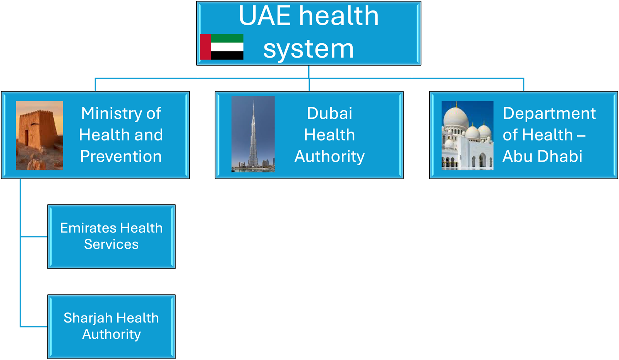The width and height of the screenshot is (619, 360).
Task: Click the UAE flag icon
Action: [x=221, y=47]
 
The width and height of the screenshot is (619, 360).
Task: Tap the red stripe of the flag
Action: [x=205, y=47]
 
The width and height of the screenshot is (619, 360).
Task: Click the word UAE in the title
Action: [x=264, y=16]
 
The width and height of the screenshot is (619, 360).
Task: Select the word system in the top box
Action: [x=309, y=49]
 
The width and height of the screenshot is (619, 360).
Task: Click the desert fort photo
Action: [x=39, y=135]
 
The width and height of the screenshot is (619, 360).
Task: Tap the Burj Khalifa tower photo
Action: [x=253, y=134]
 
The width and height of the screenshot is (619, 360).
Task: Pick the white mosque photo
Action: [x=467, y=135]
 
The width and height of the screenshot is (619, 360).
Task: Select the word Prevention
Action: [x=121, y=156]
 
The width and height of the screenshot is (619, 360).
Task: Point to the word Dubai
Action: [x=329, y=113]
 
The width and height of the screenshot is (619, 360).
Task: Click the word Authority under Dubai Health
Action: [x=329, y=157]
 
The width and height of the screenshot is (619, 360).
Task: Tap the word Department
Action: [x=549, y=113]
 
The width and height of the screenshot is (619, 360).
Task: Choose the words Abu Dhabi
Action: [x=542, y=156]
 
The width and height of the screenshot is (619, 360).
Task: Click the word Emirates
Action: [x=88, y=228]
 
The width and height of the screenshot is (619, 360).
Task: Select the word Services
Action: [x=111, y=244]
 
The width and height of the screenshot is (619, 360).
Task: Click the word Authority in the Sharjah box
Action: [x=111, y=334]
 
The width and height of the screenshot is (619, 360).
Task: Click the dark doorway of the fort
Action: [x=27, y=138]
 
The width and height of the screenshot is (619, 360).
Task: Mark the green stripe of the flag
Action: [x=227, y=38]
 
